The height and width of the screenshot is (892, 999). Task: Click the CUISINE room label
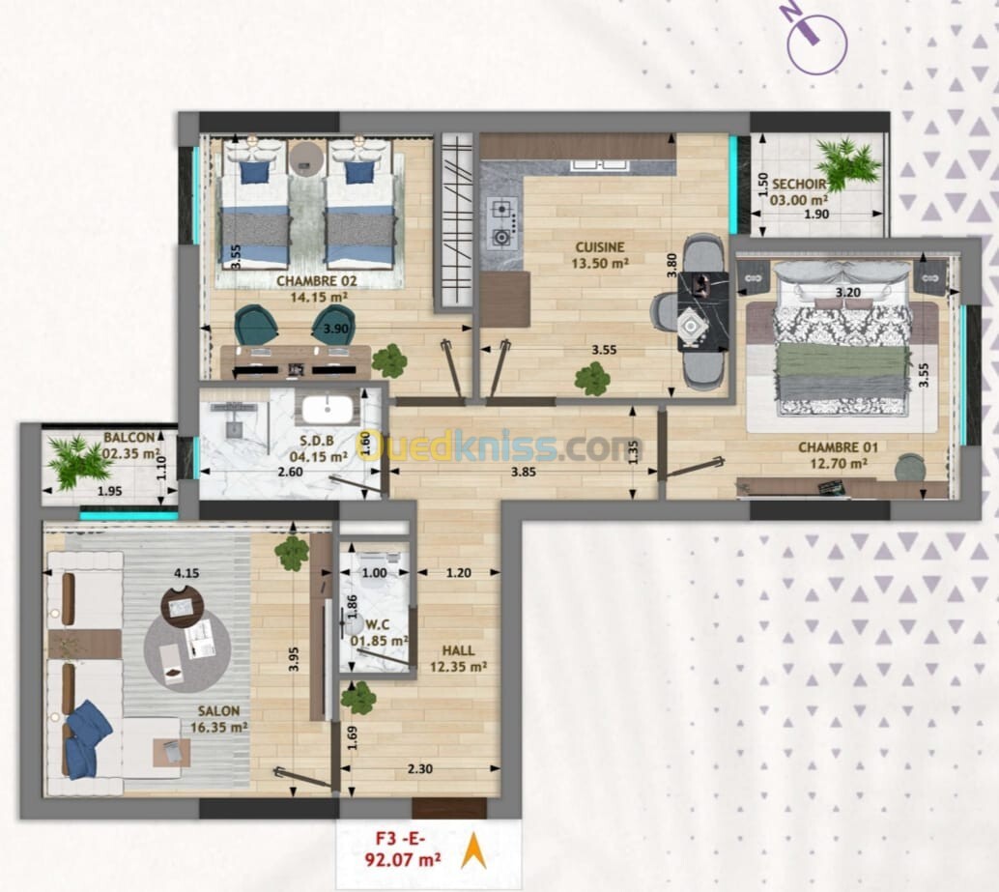[x=600, y=247]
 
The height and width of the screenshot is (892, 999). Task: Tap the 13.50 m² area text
[x=600, y=263]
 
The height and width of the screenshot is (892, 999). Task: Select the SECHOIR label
[x=798, y=185]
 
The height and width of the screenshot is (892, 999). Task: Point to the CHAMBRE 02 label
[x=316, y=281]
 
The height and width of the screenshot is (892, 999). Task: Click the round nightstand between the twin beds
[x=306, y=158]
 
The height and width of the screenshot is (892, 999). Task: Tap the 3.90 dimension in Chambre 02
[x=336, y=329]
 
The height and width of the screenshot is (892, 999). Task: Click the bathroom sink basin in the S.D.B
[x=328, y=410]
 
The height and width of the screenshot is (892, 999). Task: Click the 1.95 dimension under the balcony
[x=109, y=491]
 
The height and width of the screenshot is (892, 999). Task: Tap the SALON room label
[x=218, y=711]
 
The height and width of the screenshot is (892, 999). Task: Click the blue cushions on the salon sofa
[x=85, y=739]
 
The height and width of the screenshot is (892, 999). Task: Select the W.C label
[x=377, y=625]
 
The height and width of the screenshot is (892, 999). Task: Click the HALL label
[x=458, y=650]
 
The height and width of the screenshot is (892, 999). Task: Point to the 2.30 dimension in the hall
[x=420, y=769]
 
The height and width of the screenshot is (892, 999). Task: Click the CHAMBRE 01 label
[x=838, y=447]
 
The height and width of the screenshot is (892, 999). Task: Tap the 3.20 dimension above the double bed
[x=848, y=293]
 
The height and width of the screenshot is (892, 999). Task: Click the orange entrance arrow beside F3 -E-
[x=473, y=850]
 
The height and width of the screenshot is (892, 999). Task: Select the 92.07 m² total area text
[x=403, y=860]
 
